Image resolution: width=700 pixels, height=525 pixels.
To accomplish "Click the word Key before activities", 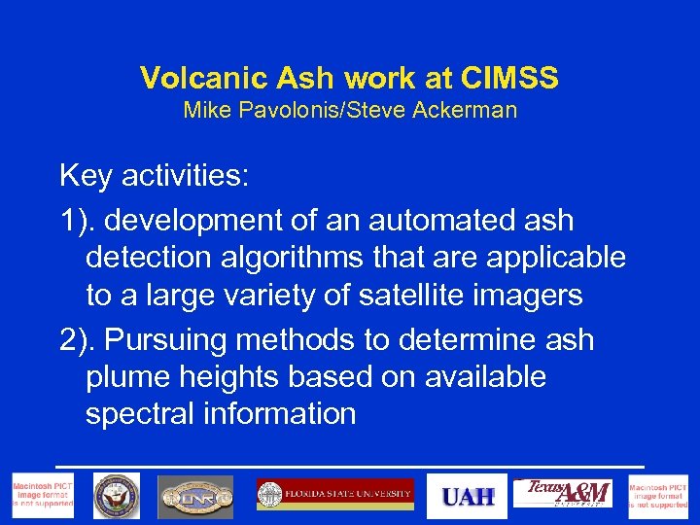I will (x=85, y=176).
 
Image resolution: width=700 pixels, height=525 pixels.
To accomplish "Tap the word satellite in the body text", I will (x=421, y=295).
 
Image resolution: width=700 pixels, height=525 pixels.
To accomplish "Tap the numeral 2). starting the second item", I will (x=78, y=340).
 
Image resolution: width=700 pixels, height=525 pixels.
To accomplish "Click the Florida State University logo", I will (x=335, y=495).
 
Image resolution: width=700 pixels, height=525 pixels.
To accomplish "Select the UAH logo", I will (x=469, y=496).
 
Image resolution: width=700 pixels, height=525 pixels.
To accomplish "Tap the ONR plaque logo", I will (x=195, y=497).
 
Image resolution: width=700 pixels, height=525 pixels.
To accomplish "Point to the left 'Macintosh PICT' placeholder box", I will (x=42, y=496).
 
